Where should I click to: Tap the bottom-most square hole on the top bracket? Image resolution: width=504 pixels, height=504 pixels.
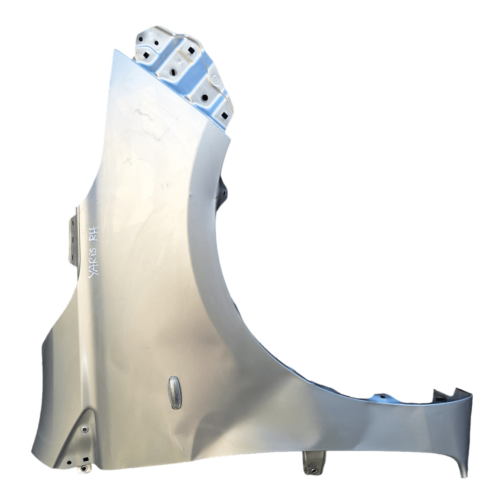click(224, 115)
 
